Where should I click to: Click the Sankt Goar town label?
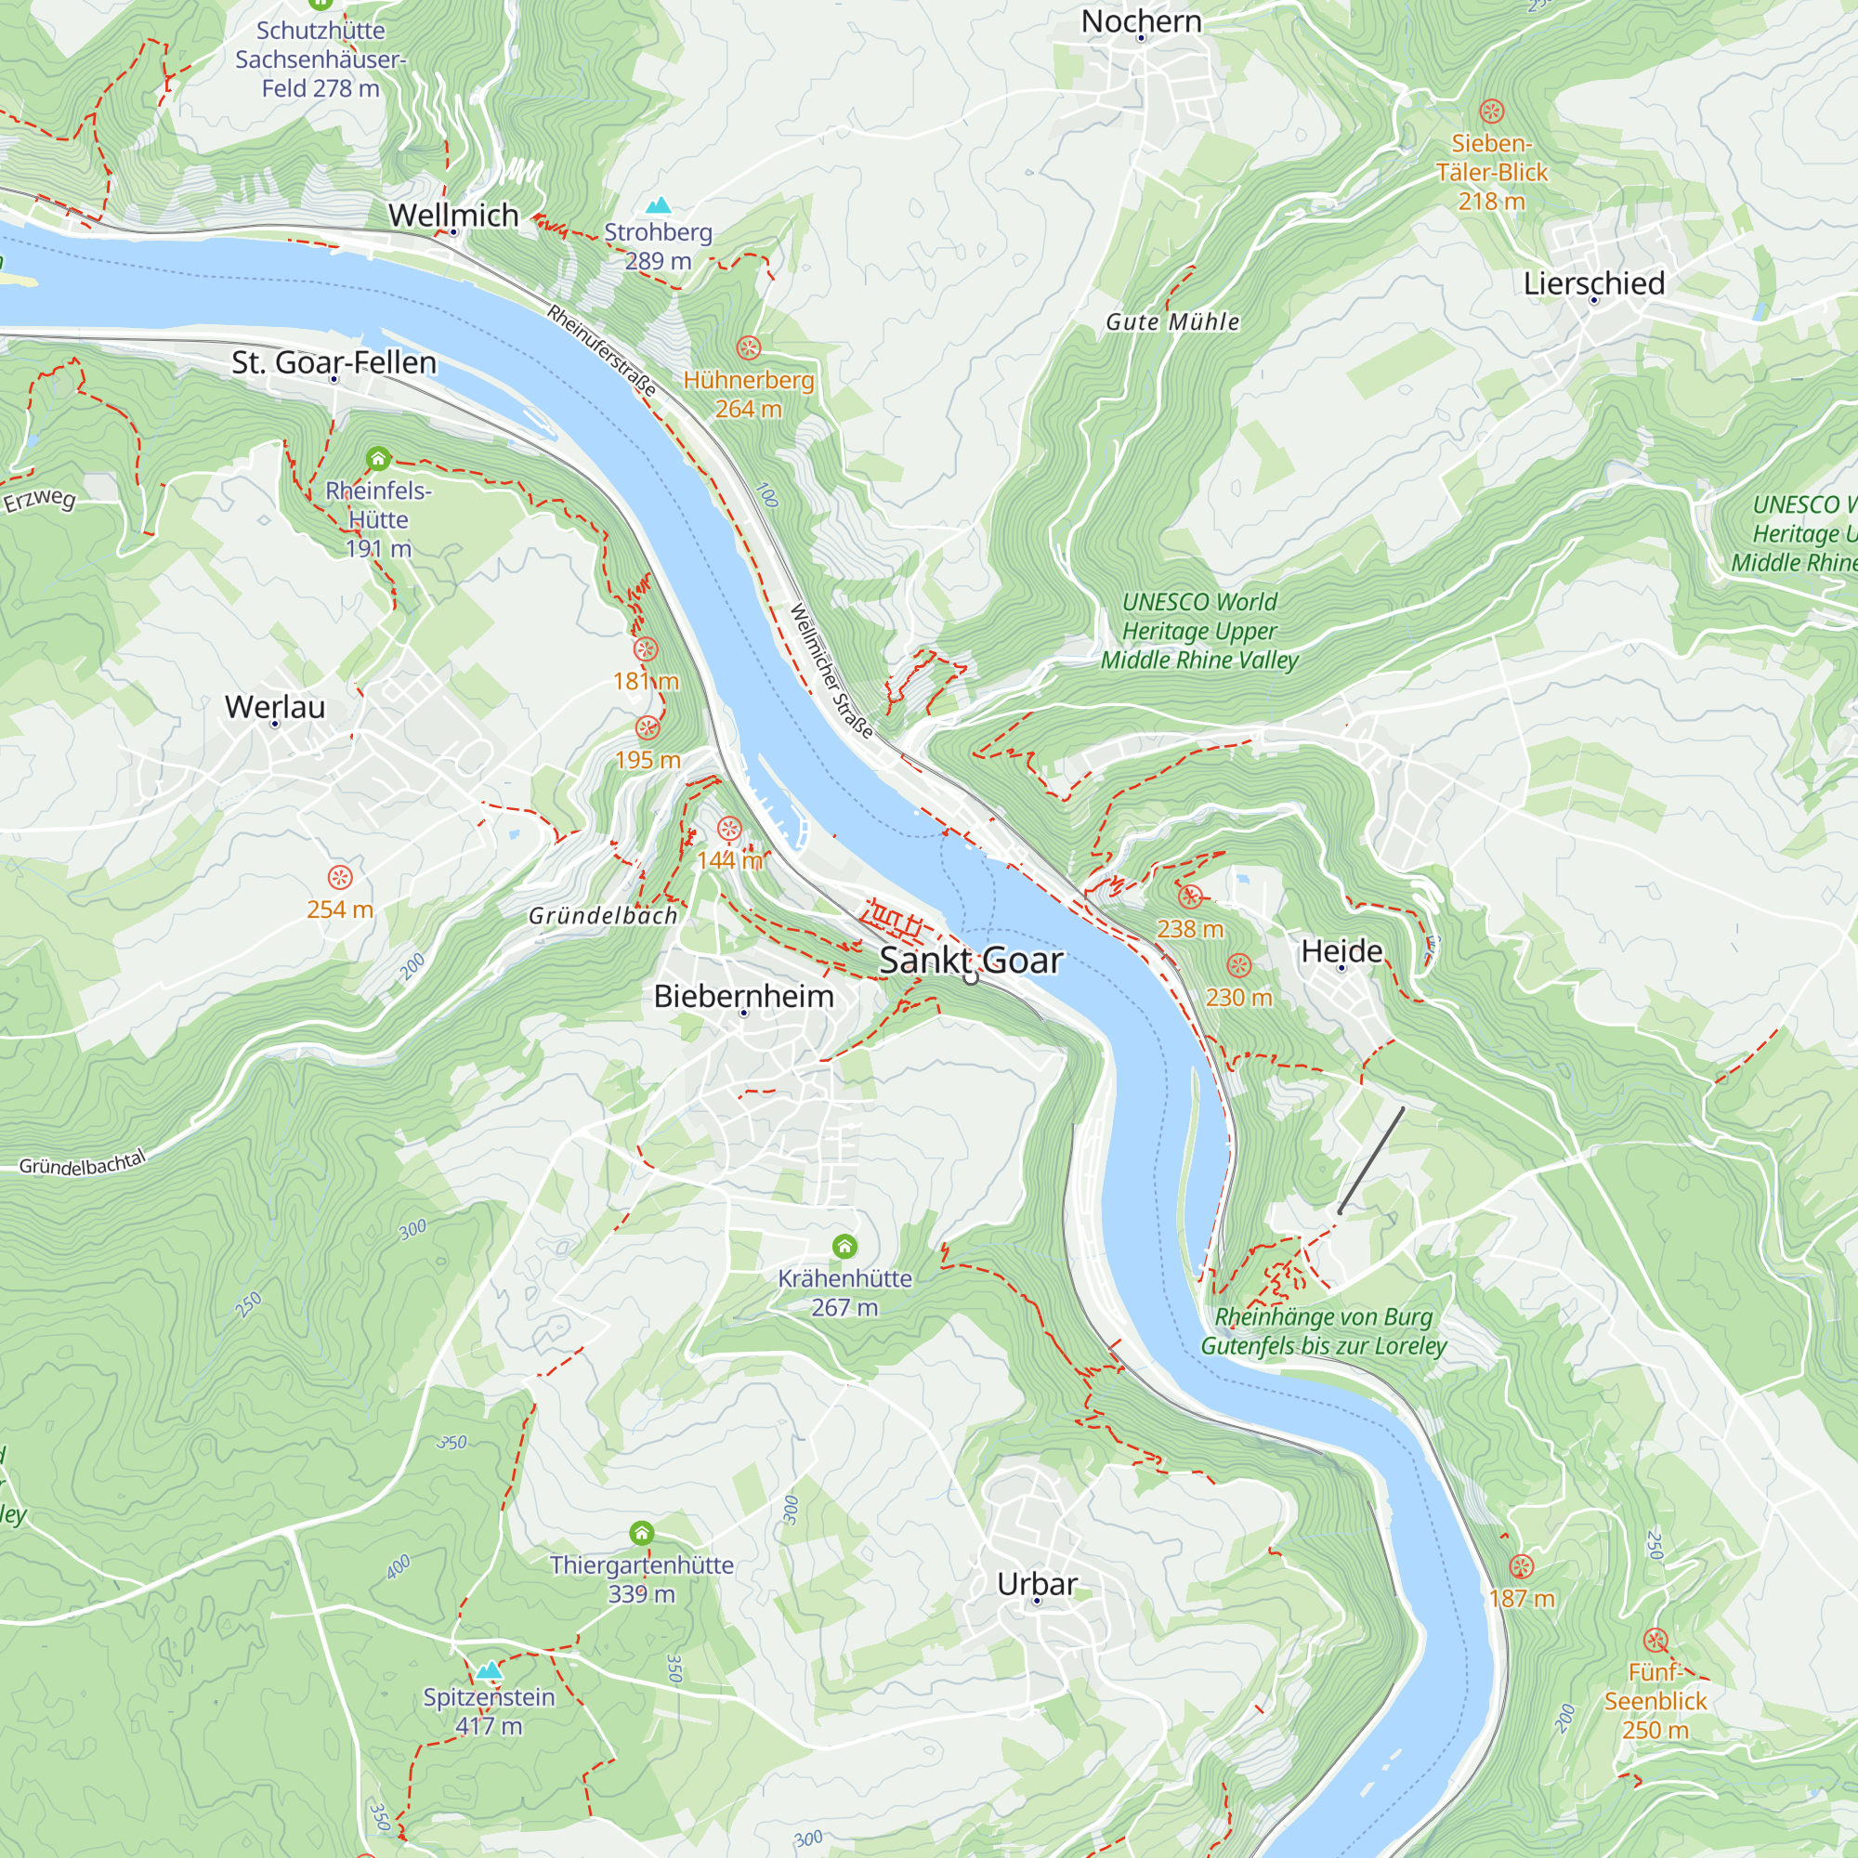971,960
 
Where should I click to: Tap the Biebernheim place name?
743,995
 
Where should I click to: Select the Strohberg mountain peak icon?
658,204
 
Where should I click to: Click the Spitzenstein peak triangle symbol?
490,1670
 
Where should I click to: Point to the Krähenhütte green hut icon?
844,1247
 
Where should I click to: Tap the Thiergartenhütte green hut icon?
641,1533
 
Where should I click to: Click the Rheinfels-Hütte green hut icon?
378,459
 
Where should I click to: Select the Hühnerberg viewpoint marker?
748,347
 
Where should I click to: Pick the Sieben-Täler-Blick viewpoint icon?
1492,111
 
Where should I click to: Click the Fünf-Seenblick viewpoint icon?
1655,1640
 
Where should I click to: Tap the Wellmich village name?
453,215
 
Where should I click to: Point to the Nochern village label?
1141,21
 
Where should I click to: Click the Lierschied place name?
1593,282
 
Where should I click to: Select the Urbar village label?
1037,1583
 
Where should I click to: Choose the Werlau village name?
275,707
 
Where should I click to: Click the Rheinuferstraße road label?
602,350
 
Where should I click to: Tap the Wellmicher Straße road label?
831,672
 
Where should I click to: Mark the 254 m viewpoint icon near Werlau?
339,877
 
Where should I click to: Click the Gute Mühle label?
1172,322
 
